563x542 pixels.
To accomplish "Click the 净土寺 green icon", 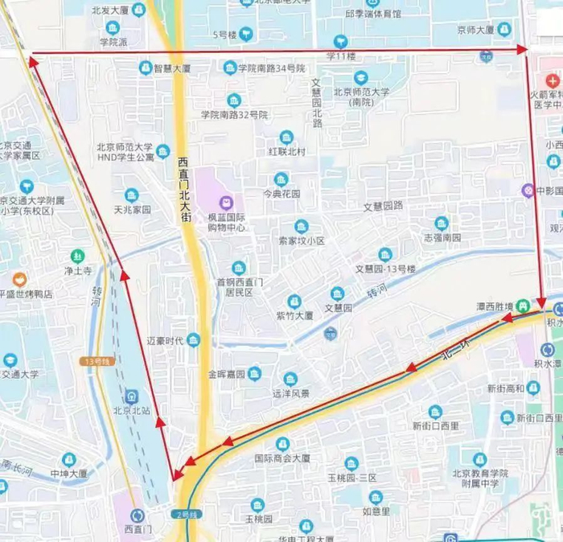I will click(78, 257).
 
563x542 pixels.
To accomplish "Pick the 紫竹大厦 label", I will click(294, 315).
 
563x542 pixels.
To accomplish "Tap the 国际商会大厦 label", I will click(282, 458).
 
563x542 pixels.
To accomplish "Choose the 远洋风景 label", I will click(290, 393).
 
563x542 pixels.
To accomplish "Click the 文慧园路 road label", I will click(383, 206).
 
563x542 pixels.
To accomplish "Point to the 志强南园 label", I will click(442, 237).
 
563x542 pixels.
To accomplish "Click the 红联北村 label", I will click(286, 151).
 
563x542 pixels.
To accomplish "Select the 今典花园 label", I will click(281, 194).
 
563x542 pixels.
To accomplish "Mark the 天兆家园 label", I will click(132, 209).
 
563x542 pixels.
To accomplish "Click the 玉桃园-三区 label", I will click(351, 478).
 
